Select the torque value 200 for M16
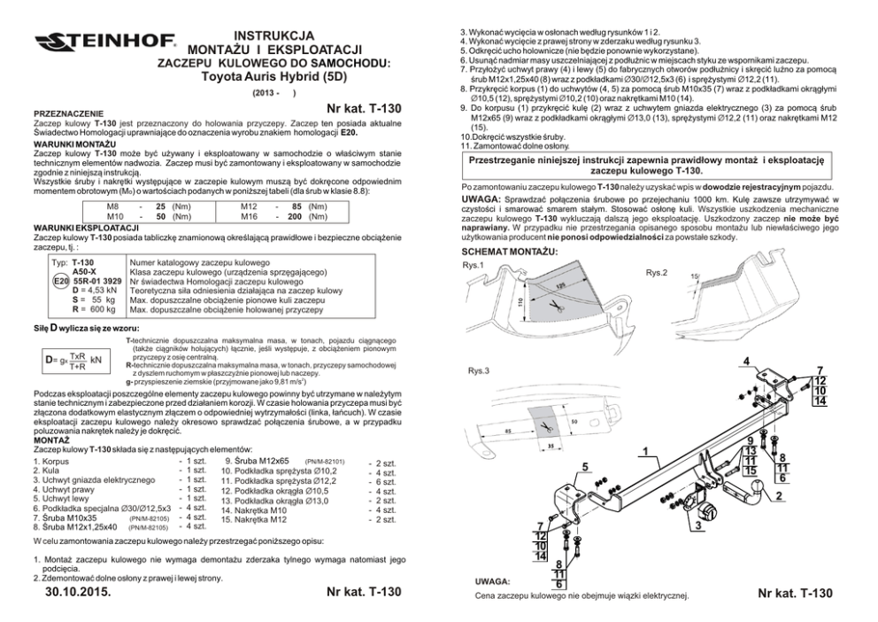point(296,216)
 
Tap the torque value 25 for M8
point(161,206)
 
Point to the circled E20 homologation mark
point(61,281)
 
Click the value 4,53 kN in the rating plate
point(101,290)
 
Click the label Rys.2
point(657,271)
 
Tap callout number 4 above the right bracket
point(746,361)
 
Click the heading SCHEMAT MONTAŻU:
point(510,252)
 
